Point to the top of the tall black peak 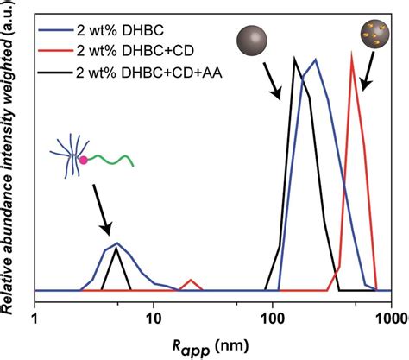[x=294, y=58]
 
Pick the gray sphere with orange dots [x=373, y=35]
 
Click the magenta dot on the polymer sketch [x=85, y=161]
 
